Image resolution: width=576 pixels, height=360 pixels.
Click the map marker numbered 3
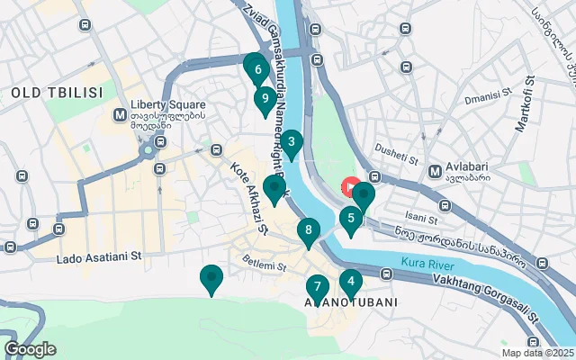(x=292, y=143)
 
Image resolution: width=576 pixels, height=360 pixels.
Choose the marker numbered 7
(x=317, y=288)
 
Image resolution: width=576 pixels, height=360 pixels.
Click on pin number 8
(x=309, y=231)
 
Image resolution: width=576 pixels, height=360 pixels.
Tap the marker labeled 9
(x=264, y=99)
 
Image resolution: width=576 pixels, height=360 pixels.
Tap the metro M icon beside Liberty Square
(x=120, y=115)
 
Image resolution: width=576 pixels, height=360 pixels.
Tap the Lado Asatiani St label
(x=99, y=257)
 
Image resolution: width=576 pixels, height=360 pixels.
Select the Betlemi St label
(x=264, y=265)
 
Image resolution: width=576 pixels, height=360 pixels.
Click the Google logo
(x=30, y=348)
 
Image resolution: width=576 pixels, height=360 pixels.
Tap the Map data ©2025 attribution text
(x=536, y=353)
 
